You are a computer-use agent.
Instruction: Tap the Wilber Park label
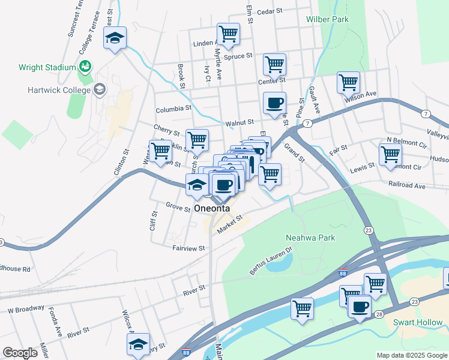point(327,19)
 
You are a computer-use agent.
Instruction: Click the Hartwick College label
point(58,91)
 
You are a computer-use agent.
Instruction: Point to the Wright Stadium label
point(47,67)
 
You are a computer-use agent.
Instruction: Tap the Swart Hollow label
point(417,322)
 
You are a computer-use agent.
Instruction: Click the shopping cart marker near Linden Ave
point(228,34)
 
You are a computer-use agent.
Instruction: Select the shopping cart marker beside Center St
point(274,64)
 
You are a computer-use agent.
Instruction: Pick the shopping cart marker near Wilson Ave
point(348,82)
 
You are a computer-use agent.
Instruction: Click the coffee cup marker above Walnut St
point(274,103)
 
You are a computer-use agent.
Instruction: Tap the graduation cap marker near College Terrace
point(115,38)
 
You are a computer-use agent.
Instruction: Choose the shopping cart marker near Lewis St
point(390,154)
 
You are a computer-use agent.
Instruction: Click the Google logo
point(20,353)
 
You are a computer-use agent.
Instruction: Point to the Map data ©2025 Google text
point(412,355)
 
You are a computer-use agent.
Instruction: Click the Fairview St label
point(188,248)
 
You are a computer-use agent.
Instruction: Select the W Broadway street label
point(26,310)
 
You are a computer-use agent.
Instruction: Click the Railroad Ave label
point(406,186)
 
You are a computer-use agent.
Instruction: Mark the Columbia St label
point(173,110)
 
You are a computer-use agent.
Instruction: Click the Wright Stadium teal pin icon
point(85,65)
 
